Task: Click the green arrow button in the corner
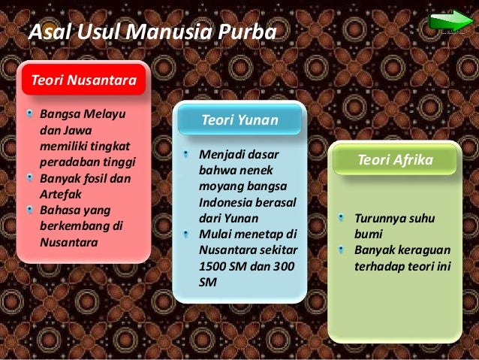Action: pos(451,20)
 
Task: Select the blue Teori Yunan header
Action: pos(240,120)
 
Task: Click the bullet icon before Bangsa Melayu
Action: pos(29,116)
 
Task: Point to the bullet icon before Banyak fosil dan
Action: pos(29,179)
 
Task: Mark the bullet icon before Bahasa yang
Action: pos(29,210)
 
